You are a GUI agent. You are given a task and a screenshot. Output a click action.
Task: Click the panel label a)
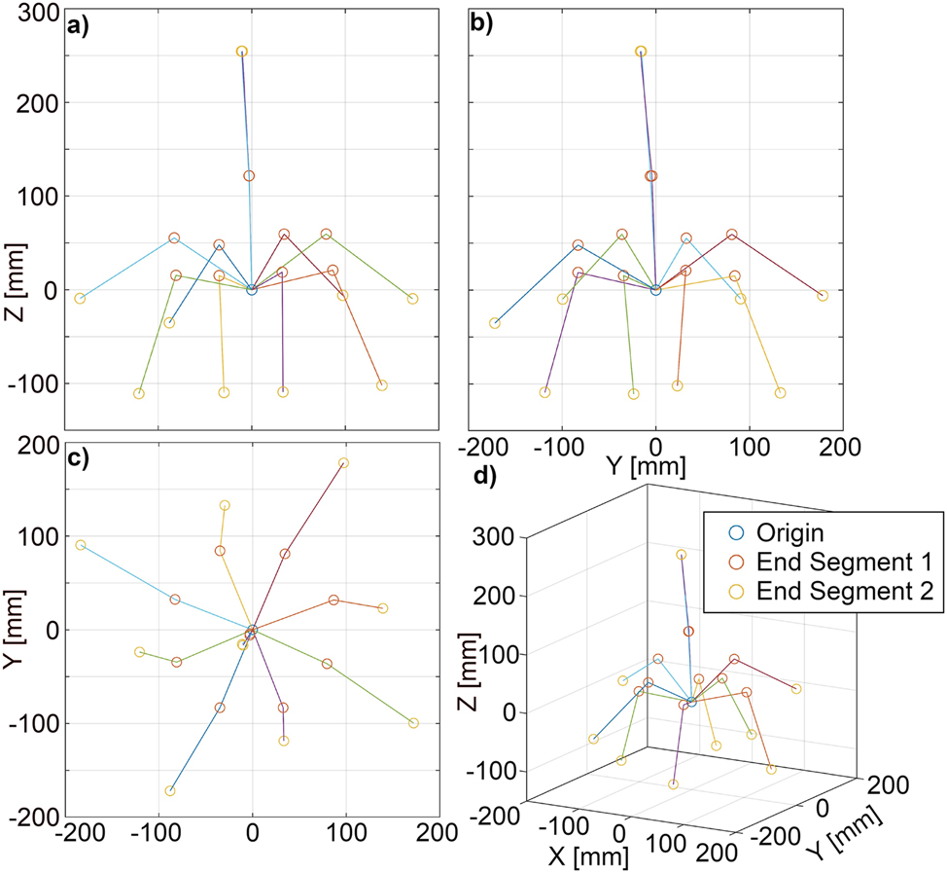click(x=78, y=27)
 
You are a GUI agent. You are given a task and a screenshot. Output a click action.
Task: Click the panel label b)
click(x=480, y=27)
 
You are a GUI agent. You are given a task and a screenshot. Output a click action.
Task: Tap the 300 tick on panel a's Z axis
click(x=36, y=12)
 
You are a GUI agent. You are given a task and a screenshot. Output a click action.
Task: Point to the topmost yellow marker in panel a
click(x=242, y=52)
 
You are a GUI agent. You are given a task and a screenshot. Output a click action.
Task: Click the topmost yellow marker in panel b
click(x=641, y=52)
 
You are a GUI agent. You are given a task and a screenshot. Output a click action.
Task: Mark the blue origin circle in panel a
click(x=252, y=290)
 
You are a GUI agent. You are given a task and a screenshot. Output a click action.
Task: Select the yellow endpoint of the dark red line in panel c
click(x=343, y=463)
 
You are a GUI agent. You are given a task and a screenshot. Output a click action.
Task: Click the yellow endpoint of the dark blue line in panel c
click(x=170, y=790)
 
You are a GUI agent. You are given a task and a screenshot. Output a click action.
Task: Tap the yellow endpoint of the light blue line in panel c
click(x=81, y=545)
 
